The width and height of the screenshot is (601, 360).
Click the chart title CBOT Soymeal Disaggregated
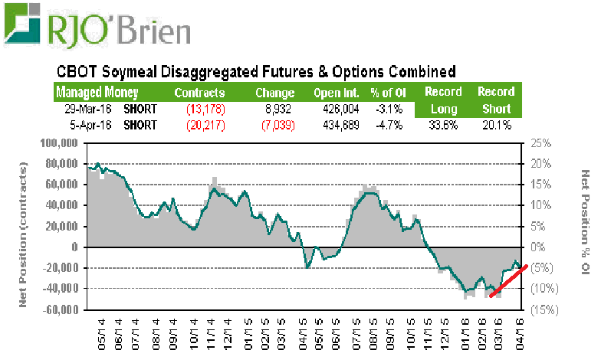pyautogui.click(x=257, y=72)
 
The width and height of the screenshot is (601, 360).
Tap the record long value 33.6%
pyautogui.click(x=444, y=125)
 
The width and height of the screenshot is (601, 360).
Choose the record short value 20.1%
pyautogui.click(x=494, y=125)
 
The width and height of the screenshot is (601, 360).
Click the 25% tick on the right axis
pyautogui.click(x=541, y=143)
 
